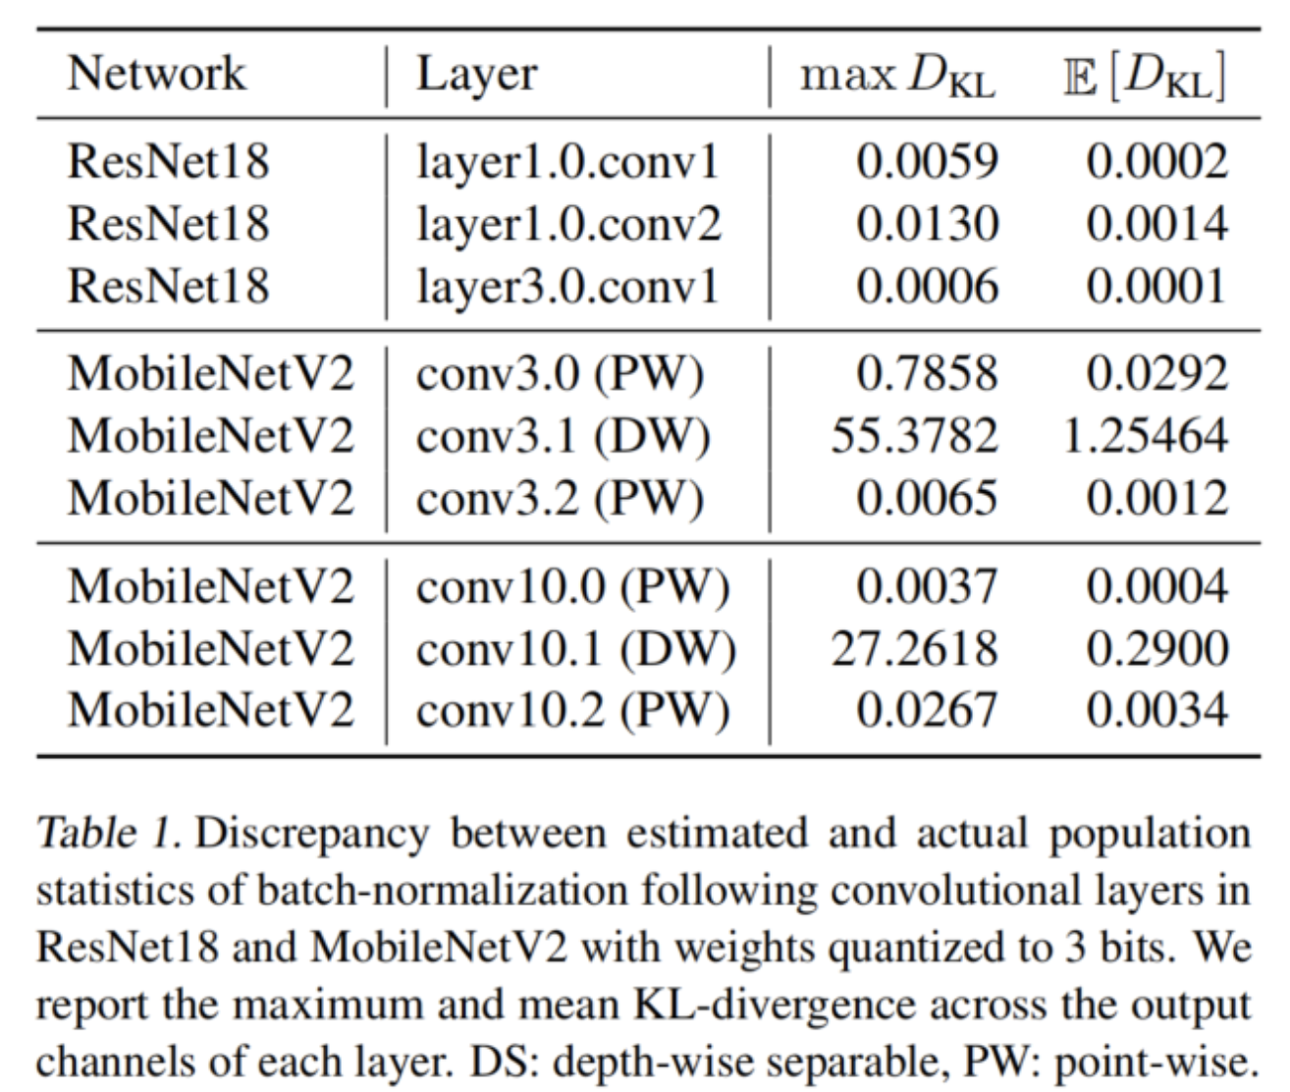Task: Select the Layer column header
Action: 476,76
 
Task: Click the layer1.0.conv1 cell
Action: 567,162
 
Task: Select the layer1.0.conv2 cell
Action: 568,224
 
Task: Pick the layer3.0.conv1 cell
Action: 567,287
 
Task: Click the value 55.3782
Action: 914,436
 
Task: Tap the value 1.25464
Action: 1145,436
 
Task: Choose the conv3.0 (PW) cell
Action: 560,374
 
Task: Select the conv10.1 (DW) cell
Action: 575,649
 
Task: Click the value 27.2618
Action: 914,649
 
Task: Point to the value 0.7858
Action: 927,374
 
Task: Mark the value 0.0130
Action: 927,224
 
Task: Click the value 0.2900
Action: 1156,649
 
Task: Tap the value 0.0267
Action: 927,711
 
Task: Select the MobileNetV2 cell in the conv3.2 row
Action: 210,498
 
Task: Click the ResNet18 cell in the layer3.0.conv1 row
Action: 168,287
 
